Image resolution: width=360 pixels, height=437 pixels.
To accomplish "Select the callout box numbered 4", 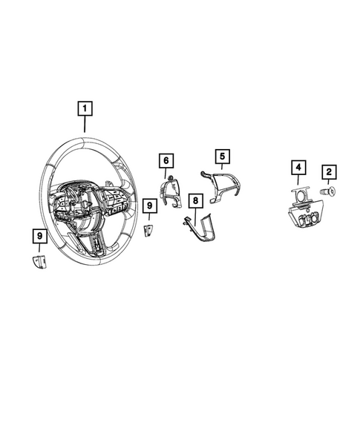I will pyautogui.click(x=297, y=168).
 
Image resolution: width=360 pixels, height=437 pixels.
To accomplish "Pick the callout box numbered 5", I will pyautogui.click(x=220, y=156).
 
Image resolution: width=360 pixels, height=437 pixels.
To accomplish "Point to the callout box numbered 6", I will pyautogui.click(x=166, y=160).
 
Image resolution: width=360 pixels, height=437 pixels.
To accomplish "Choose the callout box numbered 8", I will pyautogui.click(x=194, y=200).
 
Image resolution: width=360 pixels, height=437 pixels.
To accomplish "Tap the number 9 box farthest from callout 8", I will pyautogui.click(x=39, y=236).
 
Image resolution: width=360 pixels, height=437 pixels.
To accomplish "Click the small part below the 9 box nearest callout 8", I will pyautogui.click(x=148, y=230).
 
